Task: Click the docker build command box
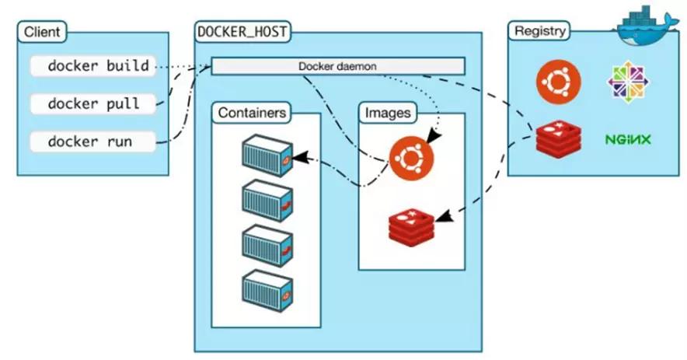pyautogui.click(x=92, y=66)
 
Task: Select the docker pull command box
pyautogui.click(x=92, y=103)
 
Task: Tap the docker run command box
pyautogui.click(x=92, y=142)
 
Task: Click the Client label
pyautogui.click(x=44, y=33)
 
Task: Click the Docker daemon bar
pyautogui.click(x=337, y=66)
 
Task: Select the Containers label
pyautogui.click(x=252, y=113)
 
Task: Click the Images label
pyautogui.click(x=387, y=113)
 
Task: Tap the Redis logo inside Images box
pyautogui.click(x=411, y=226)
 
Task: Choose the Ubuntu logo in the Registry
pyautogui.click(x=558, y=82)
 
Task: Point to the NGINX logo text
pyautogui.click(x=628, y=140)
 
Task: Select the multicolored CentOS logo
pyautogui.click(x=628, y=82)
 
